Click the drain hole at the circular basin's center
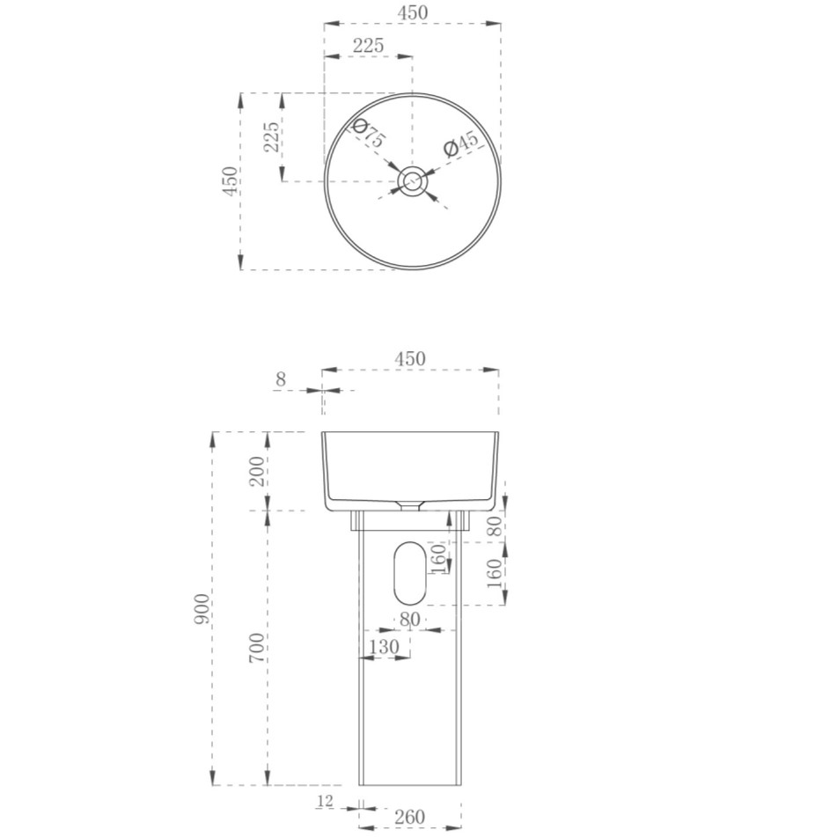tap(412, 181)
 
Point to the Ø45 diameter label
tap(460, 143)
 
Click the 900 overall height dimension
tap(202, 609)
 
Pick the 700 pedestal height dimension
tap(256, 648)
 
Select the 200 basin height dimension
tap(256, 472)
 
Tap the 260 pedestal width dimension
tap(409, 817)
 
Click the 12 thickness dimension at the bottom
tap(325, 801)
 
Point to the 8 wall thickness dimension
tap(281, 379)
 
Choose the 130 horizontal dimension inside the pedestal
tap(384, 647)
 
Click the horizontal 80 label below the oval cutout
tap(409, 620)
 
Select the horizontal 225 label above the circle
tap(368, 45)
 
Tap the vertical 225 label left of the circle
tap(272, 137)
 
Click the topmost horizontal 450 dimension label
tap(413, 12)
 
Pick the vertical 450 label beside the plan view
tap(229, 181)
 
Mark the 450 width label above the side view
tap(410, 358)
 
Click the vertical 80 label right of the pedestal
tap(496, 526)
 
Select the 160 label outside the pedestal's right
tap(496, 574)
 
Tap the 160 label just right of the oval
tap(437, 557)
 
